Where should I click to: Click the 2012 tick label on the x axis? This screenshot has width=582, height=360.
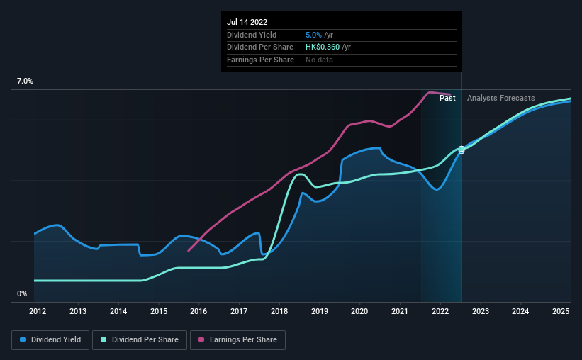coord(38,311)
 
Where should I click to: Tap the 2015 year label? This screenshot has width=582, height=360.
coord(158,311)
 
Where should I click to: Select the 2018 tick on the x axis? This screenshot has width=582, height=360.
coord(279,311)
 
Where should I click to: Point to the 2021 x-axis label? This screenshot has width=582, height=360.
coord(400,311)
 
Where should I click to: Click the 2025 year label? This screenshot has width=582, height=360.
coord(561,311)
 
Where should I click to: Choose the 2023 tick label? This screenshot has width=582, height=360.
coord(480,311)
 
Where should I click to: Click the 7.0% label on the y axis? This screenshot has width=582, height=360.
coord(25,81)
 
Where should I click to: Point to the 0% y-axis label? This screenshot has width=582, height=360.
coord(22,293)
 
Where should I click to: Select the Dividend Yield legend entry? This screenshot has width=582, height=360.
coord(50,340)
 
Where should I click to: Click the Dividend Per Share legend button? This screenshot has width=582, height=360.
coord(140,340)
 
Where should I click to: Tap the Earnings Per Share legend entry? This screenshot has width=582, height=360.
coord(237,340)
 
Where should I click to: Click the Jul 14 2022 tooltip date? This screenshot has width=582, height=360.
coord(247,22)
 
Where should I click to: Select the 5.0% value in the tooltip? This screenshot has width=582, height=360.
coord(314,35)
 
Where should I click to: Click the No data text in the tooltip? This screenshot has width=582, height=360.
coord(319,60)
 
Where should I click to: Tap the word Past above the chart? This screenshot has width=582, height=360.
coord(447,98)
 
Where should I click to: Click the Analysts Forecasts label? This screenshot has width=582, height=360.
coord(500,98)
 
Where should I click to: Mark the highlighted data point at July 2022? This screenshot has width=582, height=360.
coord(461,150)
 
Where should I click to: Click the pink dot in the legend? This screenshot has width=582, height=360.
coord(201,340)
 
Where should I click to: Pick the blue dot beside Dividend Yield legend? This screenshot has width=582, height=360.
coord(23,340)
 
